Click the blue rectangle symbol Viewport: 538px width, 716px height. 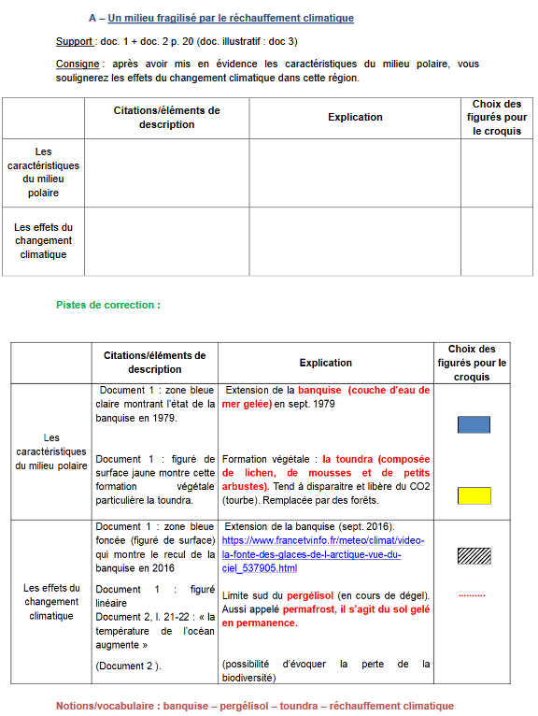(474, 424)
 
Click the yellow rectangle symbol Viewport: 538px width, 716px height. (474, 495)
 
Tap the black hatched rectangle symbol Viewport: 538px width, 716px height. (474, 555)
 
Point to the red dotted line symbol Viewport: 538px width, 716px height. (472, 595)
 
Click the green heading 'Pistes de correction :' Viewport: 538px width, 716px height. (108, 305)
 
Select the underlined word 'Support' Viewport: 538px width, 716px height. (74, 42)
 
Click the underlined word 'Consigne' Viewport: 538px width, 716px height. (78, 64)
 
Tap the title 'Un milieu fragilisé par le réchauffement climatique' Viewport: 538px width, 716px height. (231, 18)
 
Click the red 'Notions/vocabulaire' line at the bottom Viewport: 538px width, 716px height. (254, 706)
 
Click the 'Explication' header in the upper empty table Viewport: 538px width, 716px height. (355, 117)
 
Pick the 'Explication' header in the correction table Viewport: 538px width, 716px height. (325, 363)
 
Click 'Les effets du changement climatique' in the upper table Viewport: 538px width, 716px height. (43, 240)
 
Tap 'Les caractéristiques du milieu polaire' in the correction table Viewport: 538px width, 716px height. (52, 451)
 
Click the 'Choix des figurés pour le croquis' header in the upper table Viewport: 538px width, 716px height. (496, 118)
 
